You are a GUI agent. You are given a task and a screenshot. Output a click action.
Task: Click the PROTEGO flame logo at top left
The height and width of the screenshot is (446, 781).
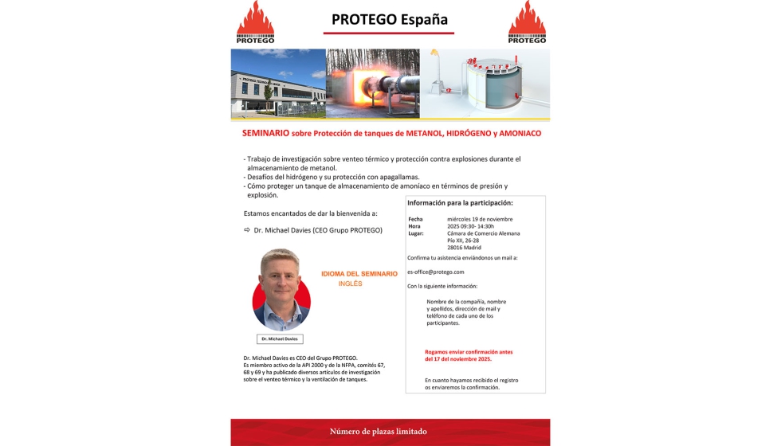255,22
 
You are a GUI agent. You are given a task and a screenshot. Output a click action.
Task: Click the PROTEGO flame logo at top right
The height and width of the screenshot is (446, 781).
527,22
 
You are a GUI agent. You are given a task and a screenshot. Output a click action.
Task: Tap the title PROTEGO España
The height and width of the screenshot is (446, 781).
389,19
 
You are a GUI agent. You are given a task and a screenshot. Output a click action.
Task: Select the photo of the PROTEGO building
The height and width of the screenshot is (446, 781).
278,84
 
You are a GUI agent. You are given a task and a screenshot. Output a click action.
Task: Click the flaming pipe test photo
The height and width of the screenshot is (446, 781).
372,84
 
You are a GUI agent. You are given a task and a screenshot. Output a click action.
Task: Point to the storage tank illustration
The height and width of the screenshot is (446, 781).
485,84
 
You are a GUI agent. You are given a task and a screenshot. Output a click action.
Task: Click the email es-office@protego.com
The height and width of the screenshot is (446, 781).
435,272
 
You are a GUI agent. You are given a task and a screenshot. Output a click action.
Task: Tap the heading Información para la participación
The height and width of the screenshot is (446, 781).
461,203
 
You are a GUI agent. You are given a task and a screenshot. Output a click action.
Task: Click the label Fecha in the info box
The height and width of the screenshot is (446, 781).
415,219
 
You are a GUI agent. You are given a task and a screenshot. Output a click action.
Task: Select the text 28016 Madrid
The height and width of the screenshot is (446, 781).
464,247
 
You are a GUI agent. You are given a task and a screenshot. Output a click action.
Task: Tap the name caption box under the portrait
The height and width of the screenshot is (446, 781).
280,338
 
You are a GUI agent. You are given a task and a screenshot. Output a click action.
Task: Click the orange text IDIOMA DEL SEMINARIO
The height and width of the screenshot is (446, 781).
359,274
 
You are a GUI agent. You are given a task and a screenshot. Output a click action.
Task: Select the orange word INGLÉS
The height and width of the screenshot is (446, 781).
350,284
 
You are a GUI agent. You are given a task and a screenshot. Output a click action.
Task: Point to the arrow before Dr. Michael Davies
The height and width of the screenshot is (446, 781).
247,230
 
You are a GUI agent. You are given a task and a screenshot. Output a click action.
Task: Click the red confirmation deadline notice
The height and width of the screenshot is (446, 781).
457,356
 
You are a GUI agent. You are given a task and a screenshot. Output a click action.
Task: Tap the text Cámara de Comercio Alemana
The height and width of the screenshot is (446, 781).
483,233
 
